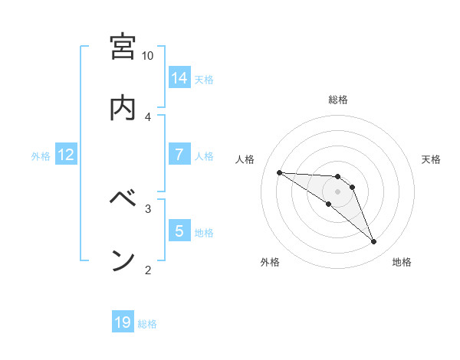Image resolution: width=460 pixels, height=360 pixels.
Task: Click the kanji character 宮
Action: click(x=123, y=47)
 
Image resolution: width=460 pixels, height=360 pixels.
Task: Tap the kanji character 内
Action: click(x=123, y=109)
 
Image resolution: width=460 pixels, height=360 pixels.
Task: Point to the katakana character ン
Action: click(x=123, y=260)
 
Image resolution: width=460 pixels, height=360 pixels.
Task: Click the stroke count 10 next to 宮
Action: click(x=148, y=56)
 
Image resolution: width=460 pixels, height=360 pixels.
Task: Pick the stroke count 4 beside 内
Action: click(x=148, y=116)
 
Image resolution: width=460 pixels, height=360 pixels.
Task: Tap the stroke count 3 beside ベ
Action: click(x=148, y=208)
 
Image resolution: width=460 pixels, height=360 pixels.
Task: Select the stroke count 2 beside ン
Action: click(x=148, y=269)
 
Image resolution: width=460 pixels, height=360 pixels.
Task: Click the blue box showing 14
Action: click(x=179, y=78)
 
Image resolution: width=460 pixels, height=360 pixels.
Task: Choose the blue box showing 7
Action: click(x=179, y=155)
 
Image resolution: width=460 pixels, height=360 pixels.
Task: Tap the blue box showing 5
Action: click(x=179, y=231)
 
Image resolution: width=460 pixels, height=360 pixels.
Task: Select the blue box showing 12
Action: click(x=66, y=155)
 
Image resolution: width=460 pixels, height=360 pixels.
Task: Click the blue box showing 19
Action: click(x=123, y=322)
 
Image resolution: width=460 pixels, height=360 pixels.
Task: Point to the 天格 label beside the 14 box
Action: click(x=204, y=79)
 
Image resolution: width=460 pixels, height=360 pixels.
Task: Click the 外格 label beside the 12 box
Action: click(x=41, y=155)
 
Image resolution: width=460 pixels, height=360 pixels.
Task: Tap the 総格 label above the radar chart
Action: click(x=338, y=100)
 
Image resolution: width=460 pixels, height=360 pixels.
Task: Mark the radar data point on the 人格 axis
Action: click(x=279, y=172)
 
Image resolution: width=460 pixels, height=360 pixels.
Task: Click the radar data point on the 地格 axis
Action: click(x=373, y=242)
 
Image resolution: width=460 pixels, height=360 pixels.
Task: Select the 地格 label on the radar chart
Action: click(x=402, y=263)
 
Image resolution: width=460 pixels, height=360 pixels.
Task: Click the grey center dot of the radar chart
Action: click(x=338, y=191)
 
